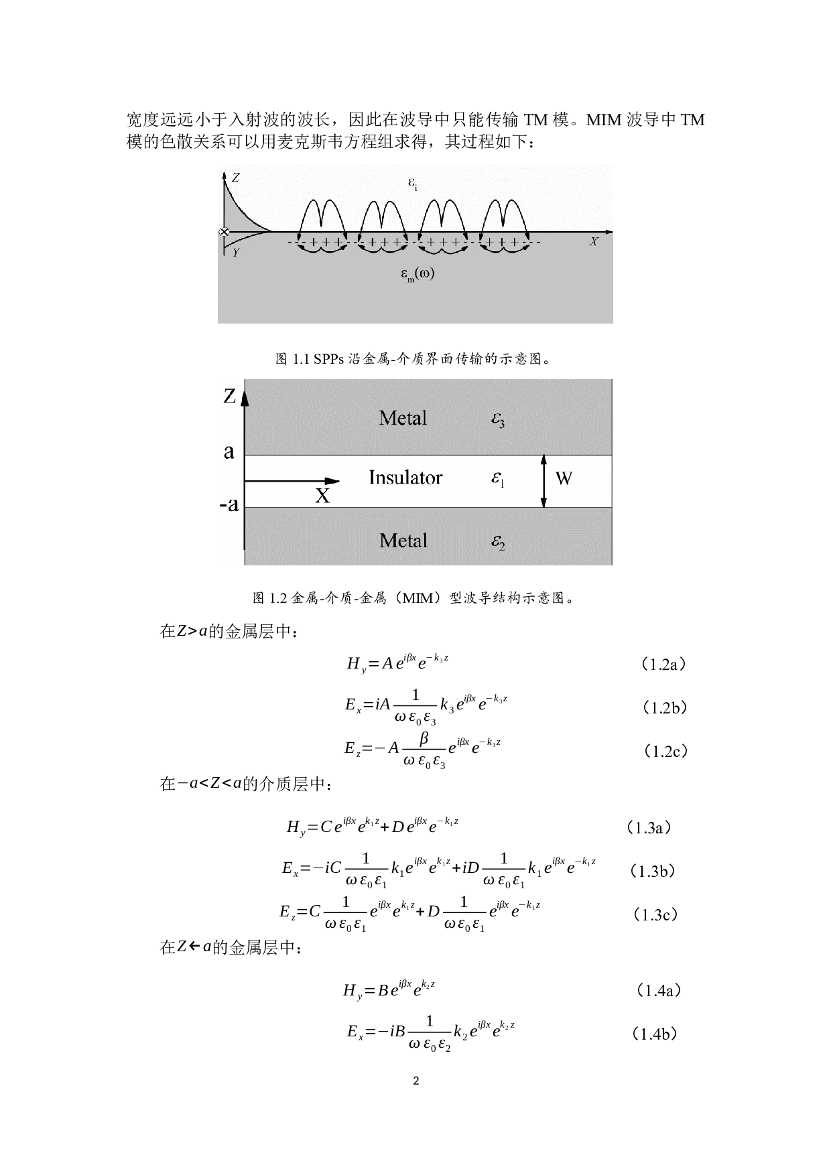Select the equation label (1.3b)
pos(653,871)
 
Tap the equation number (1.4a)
pos(656,990)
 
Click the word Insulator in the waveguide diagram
pos(405,478)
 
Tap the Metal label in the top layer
pos(403,418)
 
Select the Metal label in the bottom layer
pos(403,541)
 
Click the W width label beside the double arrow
pos(564,478)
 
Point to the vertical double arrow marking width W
pos(544,481)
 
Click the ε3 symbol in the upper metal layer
pos(497,420)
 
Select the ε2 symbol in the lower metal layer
pos(497,543)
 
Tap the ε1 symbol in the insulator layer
pos(497,479)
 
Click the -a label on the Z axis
pos(229,504)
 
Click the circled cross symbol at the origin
pos(224,232)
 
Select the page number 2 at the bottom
pos(416,1081)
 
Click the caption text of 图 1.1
pos(415,359)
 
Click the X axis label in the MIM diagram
pos(322,496)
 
